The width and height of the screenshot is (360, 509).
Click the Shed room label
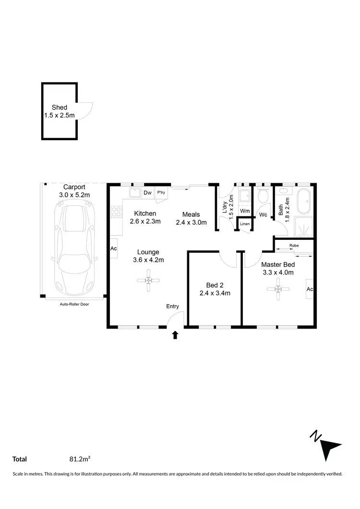pos(60,107)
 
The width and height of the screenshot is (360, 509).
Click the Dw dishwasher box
pos(147,193)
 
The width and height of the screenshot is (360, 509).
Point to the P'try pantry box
pos(161,193)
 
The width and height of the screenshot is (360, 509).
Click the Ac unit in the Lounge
pos(114,249)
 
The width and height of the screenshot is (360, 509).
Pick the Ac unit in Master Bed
pos(310,289)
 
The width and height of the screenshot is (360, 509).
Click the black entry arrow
pos(175,335)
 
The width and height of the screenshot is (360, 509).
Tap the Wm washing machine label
pos(245,211)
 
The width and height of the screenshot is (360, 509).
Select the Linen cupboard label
pos(245,224)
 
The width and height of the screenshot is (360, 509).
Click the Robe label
pos(294,246)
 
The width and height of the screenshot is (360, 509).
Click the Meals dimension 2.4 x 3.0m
pos(191,222)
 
